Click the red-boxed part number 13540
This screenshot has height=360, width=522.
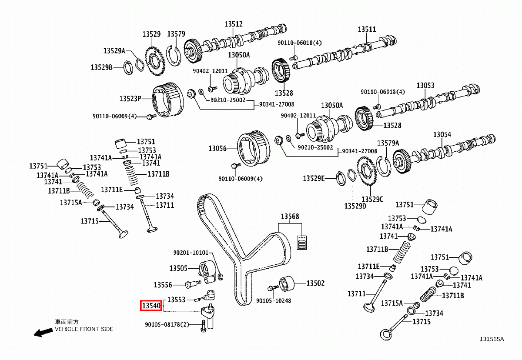151,306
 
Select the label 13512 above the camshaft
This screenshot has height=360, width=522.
234,24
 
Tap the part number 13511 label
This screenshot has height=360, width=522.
367,29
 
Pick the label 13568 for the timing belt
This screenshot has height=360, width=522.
290,217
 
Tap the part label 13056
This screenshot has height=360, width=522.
217,149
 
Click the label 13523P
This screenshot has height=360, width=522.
130,99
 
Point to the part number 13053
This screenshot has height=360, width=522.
425,86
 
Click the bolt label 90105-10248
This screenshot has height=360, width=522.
274,300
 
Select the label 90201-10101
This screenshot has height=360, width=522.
191,253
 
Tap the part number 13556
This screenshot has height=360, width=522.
163,285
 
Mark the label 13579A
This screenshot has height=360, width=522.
388,143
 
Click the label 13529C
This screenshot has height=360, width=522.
372,199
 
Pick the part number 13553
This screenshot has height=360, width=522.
177,300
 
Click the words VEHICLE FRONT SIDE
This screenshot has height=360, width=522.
84,329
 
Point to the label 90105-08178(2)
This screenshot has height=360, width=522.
167,324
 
